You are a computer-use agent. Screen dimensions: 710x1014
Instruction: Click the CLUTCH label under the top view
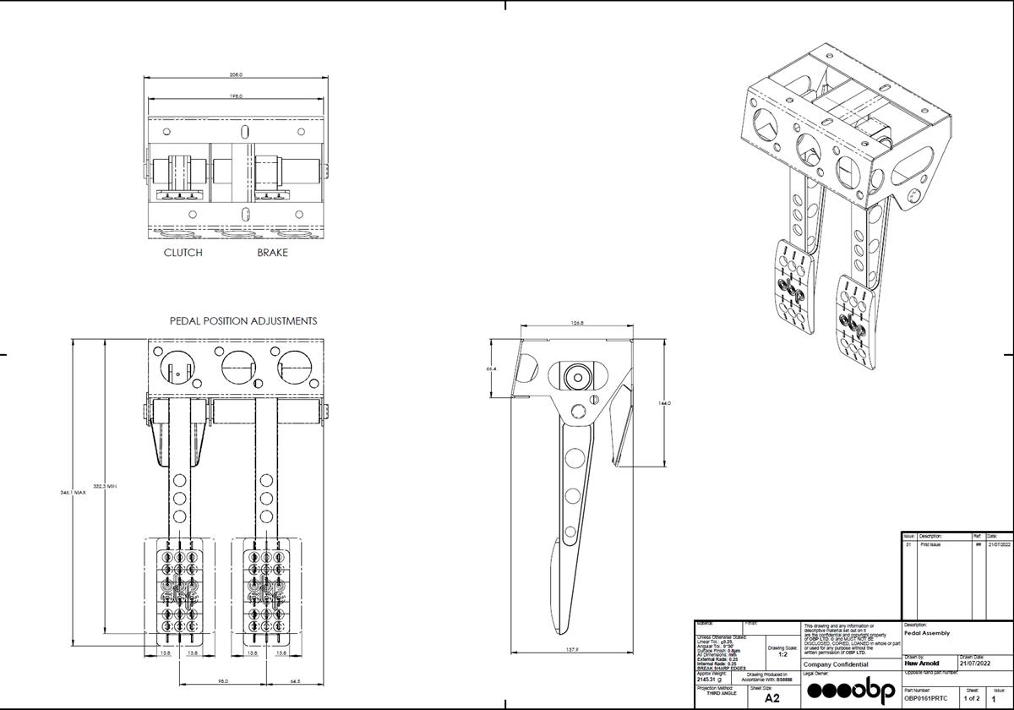183,253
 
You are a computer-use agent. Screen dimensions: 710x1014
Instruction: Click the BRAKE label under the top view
272,253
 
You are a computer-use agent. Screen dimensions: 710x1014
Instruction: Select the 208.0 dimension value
235,75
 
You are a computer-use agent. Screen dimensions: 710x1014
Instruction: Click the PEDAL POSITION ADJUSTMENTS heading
243,321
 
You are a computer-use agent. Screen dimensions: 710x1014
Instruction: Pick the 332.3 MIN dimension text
104,486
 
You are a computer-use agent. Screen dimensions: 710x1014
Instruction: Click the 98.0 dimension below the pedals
222,680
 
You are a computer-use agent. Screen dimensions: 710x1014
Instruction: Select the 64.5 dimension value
296,680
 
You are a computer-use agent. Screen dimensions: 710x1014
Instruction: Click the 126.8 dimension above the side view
578,322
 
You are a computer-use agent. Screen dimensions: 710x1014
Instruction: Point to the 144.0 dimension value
664,403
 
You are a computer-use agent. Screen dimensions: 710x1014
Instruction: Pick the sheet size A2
772,698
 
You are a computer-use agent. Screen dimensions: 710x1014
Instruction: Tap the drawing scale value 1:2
782,654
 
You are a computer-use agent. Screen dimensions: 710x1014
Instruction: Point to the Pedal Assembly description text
927,632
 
